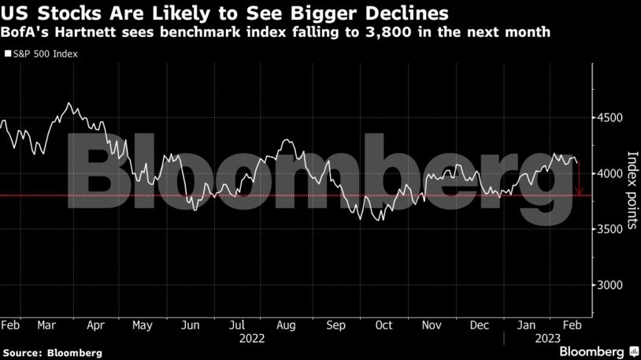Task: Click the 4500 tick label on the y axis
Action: click(x=610, y=118)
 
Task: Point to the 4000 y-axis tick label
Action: click(x=610, y=173)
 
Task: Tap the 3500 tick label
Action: click(x=610, y=229)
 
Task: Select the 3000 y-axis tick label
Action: click(x=610, y=284)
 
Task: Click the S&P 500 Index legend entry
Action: click(x=41, y=54)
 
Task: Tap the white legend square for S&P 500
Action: click(x=8, y=54)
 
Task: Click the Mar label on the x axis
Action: click(x=46, y=325)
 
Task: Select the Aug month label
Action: click(x=286, y=325)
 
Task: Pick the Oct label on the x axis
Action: click(x=383, y=325)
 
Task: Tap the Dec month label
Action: click(x=479, y=325)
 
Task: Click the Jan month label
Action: click(x=526, y=325)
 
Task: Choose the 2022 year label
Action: click(x=252, y=339)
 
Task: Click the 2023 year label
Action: click(x=548, y=339)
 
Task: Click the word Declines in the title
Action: click(x=407, y=13)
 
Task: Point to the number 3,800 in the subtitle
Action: click(x=387, y=32)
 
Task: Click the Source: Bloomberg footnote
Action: click(x=52, y=353)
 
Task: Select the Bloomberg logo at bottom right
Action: click(x=599, y=351)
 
